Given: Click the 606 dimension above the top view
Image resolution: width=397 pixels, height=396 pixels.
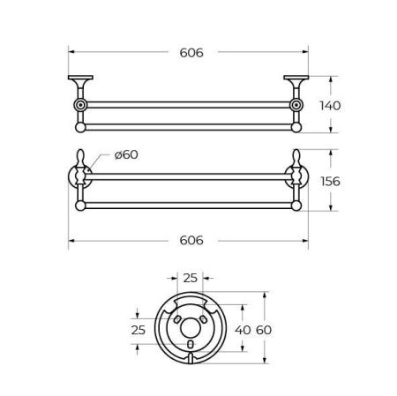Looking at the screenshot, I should tap(191, 53).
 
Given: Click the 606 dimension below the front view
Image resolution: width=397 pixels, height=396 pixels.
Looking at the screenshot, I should tap(191, 239).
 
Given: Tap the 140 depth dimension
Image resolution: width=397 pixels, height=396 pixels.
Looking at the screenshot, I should tap(330, 105).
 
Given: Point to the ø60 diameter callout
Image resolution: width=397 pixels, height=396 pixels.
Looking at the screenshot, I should tap(126, 155).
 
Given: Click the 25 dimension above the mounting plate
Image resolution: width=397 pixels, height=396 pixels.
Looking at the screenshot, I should tap(190, 279).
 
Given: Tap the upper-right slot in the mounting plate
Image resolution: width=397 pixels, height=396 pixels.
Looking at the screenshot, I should tap(204, 317).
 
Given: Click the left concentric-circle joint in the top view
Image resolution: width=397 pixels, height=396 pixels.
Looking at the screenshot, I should tap(82, 106).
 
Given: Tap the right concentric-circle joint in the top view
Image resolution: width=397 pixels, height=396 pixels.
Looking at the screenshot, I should tap(298, 106).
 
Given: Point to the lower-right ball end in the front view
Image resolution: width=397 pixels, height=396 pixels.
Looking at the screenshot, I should tap(298, 207).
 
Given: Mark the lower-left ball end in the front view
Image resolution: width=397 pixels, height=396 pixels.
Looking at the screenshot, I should tap(82, 207).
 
